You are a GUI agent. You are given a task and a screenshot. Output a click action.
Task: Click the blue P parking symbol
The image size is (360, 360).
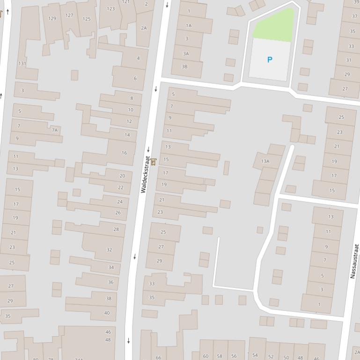pos(269,60)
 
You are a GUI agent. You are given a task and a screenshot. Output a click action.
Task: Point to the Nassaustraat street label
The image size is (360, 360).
pos(354,261)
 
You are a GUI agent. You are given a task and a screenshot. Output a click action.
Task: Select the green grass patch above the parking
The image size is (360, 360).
pos(274,25)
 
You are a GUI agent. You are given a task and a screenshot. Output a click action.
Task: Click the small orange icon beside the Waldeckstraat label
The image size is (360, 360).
pos(153,162)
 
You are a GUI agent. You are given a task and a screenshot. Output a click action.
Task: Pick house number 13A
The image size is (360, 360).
pos(265,161)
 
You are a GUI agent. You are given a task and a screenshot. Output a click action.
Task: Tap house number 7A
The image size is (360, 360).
pos(55,130)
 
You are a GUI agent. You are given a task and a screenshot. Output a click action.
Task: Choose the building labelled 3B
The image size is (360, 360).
pos(184,66)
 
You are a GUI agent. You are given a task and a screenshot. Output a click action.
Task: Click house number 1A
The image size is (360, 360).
pos(189,26)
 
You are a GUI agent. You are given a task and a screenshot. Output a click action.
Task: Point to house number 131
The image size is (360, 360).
pos(22,64)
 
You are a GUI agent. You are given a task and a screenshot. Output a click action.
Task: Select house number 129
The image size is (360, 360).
pos(52,19)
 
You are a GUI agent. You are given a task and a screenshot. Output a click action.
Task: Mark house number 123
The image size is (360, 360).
pos(111,8)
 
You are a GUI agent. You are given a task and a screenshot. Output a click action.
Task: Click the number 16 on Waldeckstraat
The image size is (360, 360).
pos(124,153)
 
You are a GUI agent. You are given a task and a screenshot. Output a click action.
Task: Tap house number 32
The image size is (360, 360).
pos(109,250)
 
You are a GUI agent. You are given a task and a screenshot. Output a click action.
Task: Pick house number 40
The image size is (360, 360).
pos(107,313)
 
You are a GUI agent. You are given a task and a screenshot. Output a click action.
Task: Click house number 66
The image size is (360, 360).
pos(158,357)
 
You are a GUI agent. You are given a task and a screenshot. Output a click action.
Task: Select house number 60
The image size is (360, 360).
pos(206,356)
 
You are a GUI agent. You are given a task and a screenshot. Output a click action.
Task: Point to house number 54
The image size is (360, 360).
pos(255,355)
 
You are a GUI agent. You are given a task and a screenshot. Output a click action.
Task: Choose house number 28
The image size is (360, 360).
pos(116,229)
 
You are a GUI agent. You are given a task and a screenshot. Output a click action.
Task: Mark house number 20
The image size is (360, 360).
pos(122,176)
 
